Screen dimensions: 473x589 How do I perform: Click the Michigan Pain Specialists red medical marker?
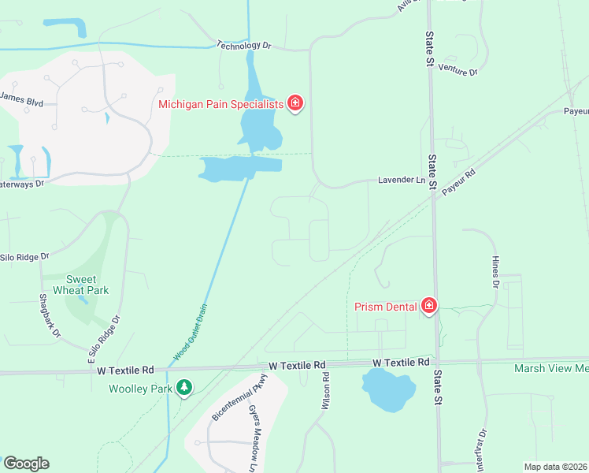click(295, 103)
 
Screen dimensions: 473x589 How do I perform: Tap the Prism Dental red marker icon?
click(428, 305)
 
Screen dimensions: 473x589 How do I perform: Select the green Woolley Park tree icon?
click(184, 388)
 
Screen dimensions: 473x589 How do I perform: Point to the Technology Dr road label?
click(243, 46)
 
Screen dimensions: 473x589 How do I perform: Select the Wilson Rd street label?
click(324, 391)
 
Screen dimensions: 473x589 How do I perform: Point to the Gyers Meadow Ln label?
click(253, 441)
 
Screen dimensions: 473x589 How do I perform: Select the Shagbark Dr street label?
click(49, 315)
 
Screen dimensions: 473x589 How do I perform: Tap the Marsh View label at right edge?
click(550, 368)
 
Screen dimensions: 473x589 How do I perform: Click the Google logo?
click(26, 464)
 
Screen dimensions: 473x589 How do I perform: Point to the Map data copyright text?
click(555, 467)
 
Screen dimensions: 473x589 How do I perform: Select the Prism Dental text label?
click(385, 306)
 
